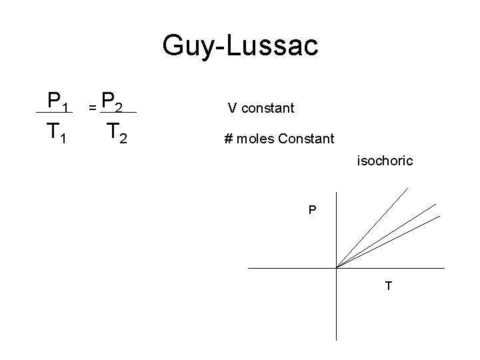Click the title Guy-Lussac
coord(241,47)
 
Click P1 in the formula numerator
coord(54,101)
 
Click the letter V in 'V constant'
coord(231,107)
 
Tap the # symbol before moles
coord(228,139)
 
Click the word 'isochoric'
coord(385,161)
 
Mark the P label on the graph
coord(312,211)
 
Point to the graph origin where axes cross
coord(337,268)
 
